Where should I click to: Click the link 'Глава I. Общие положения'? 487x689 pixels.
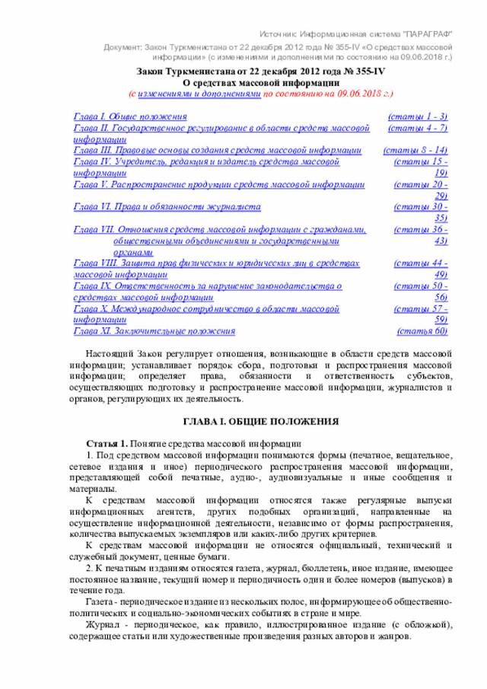click(130, 116)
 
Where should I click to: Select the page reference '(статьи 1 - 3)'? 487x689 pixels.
click(417, 116)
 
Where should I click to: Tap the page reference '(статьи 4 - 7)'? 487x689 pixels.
click(417, 129)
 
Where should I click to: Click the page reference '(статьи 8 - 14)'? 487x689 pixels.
click(415, 151)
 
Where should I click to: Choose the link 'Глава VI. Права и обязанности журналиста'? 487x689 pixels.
click(167, 206)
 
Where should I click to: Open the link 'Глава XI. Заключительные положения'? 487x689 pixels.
click(154, 331)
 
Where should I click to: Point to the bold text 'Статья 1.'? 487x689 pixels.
click(107, 444)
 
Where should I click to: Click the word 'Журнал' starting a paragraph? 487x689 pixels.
click(103, 625)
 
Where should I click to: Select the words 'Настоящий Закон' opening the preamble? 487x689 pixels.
click(122, 354)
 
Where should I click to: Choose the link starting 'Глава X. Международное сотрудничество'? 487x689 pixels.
click(206, 310)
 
